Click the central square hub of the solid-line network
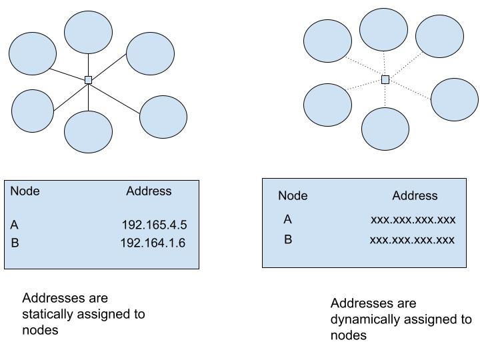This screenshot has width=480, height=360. coord(88,80)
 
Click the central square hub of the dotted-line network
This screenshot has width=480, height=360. coord(385,80)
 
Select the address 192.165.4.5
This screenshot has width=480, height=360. coord(154,225)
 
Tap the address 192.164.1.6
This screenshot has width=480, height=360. coord(153,243)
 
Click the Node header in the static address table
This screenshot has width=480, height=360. coord(25,191)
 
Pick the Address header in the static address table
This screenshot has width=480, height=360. coord(149,191)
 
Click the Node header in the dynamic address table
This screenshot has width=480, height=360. coord(293,195)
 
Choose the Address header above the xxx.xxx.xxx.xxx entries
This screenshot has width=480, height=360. coord(415,195)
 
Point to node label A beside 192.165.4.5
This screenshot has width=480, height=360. coord(15,225)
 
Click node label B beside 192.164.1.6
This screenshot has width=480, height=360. coord(15,243)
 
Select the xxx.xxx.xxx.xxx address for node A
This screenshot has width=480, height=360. coord(413,219)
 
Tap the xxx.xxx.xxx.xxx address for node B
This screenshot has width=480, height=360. coord(412,239)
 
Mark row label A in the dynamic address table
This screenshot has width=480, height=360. coord(287,219)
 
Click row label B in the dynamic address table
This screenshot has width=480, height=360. coord(287,239)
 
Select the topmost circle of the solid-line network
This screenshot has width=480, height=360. coord(88,31)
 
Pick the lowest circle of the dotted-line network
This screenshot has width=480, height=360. coord(385,128)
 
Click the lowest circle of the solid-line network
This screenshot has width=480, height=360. coord(88,132)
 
